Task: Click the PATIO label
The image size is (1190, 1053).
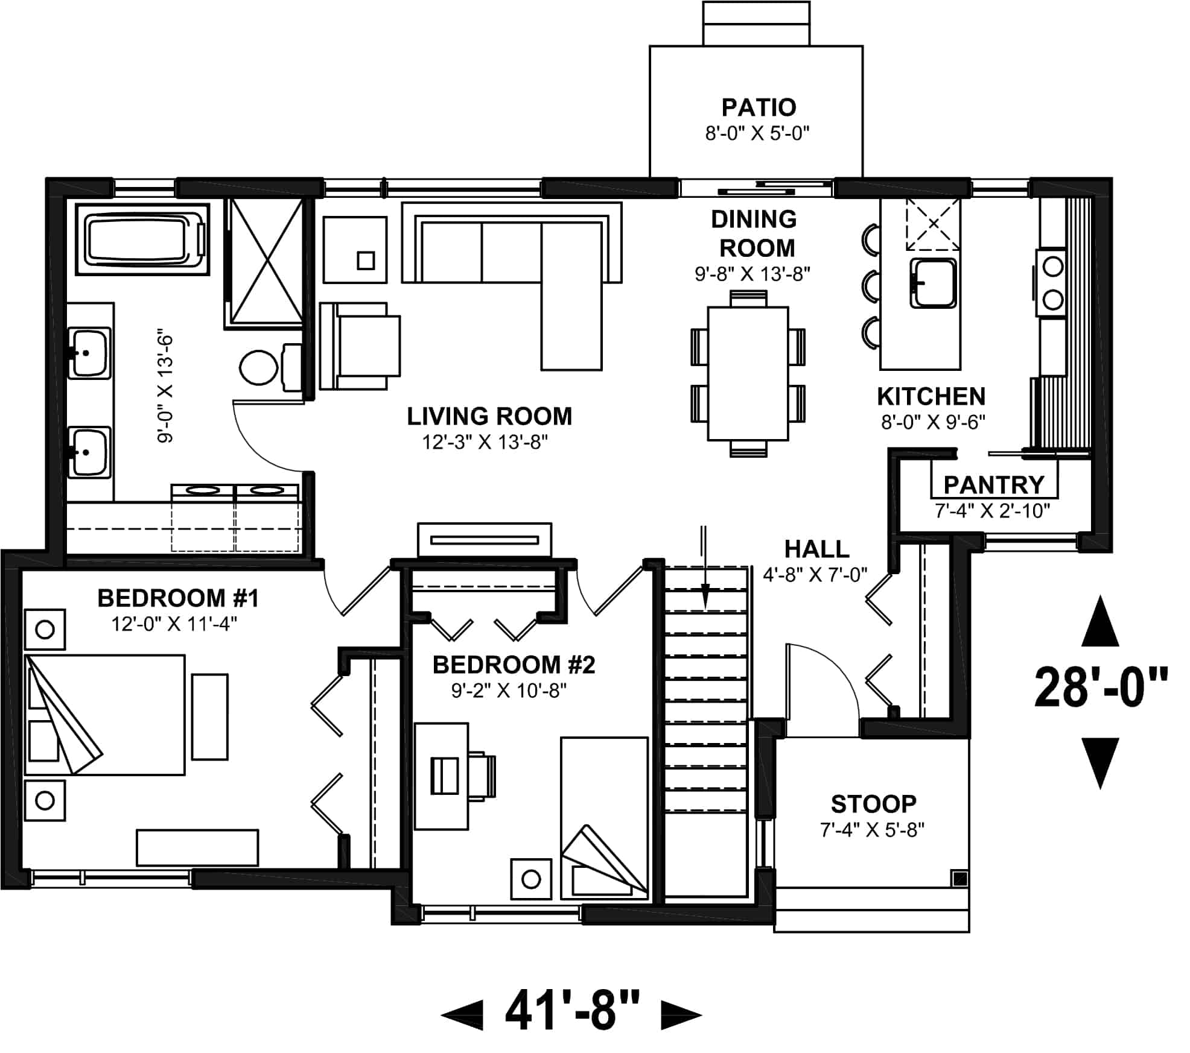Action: coord(759,107)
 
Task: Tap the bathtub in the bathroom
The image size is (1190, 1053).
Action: coord(142,239)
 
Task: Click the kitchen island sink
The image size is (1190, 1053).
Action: coord(933,283)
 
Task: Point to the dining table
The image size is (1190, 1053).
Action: coord(748,373)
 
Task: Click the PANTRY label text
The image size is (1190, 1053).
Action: coord(993,484)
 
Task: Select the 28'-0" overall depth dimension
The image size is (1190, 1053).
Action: coord(1101,688)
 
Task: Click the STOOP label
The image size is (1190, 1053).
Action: coord(873,803)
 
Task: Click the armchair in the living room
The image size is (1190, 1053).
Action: coord(361,346)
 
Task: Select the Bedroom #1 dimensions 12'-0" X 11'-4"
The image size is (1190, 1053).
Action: coord(174,623)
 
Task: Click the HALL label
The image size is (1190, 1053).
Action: coord(816,549)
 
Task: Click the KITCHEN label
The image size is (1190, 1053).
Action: coord(931,396)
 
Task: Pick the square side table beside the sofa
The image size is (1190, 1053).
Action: coord(355,250)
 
